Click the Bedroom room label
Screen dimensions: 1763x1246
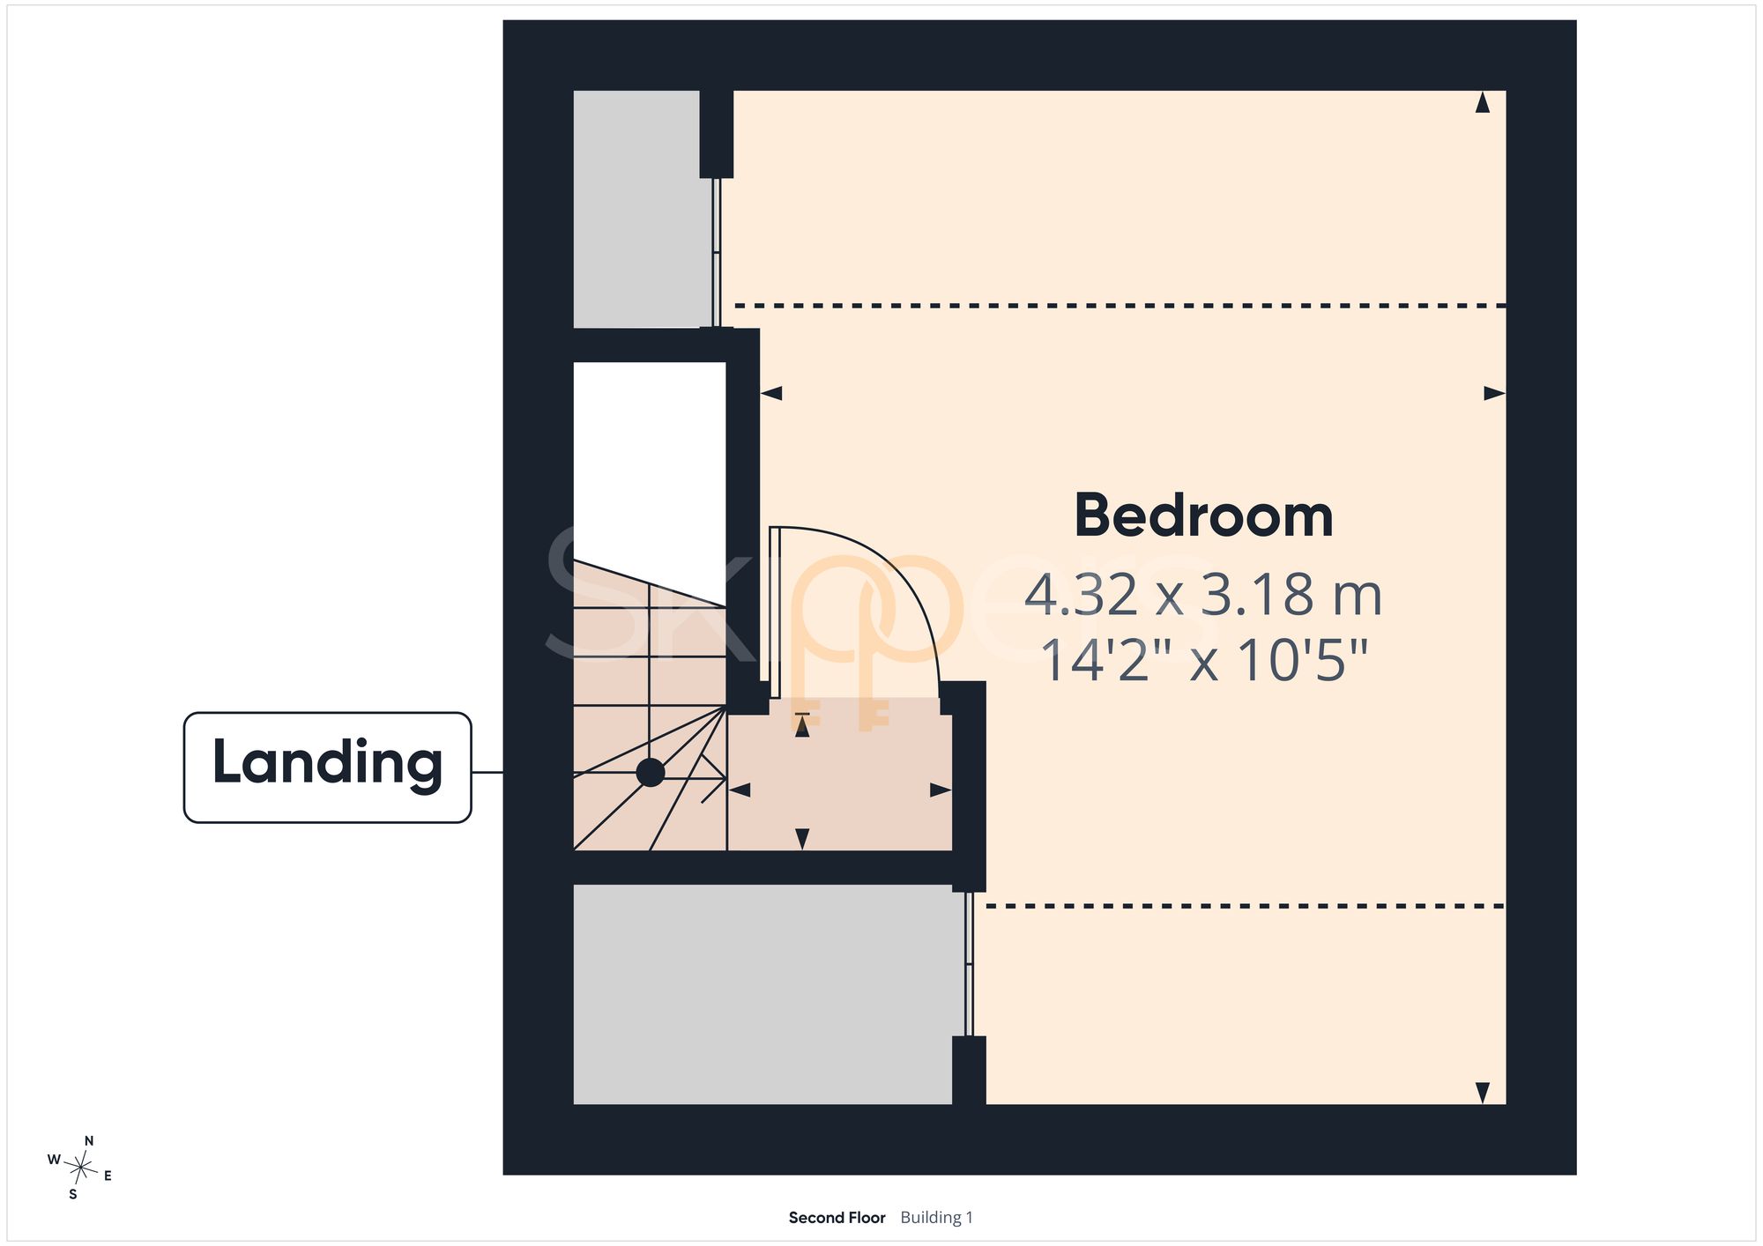point(1203,515)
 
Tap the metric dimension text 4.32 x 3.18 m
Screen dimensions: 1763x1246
point(1203,595)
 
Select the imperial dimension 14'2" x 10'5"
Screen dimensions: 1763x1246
point(1204,660)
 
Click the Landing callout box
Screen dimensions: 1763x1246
point(327,768)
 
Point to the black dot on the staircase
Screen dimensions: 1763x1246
point(651,773)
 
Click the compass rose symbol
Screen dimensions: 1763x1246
point(81,1168)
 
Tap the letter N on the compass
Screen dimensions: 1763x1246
point(89,1141)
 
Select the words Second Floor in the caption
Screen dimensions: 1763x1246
point(837,1218)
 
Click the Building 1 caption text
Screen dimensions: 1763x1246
point(936,1218)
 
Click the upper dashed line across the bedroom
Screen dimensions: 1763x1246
point(1120,306)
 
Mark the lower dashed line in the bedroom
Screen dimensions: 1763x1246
point(1246,906)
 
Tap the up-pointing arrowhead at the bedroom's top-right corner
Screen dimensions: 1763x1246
point(1483,102)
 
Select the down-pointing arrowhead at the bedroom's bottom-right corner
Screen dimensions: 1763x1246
point(1483,1093)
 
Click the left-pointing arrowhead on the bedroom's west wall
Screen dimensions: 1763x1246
point(771,393)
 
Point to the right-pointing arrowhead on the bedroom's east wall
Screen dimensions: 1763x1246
point(1495,393)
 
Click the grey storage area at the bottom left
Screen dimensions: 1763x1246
point(763,994)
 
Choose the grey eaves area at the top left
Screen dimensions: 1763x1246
point(642,209)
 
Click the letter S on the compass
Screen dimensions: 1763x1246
point(73,1195)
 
